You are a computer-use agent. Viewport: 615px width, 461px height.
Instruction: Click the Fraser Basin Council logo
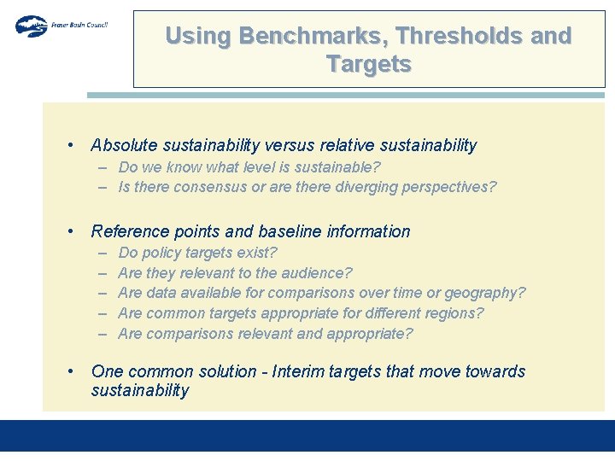[60, 26]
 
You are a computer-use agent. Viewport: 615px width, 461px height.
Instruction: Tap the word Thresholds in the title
[444, 36]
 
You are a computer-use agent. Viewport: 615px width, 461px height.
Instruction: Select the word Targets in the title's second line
[369, 64]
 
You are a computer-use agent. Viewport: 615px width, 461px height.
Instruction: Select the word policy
[160, 253]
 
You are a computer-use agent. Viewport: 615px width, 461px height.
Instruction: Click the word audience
[313, 273]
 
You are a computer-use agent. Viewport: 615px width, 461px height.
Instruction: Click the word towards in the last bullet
[496, 371]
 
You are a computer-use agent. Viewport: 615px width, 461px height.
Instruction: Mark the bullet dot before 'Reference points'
[73, 231]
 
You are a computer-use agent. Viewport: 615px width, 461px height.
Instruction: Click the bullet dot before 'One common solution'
[73, 371]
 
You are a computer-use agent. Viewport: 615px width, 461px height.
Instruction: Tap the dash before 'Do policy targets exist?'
[102, 253]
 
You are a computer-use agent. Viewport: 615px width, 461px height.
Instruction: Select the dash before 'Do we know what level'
[102, 167]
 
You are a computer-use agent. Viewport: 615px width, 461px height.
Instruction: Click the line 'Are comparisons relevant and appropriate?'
[265, 334]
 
